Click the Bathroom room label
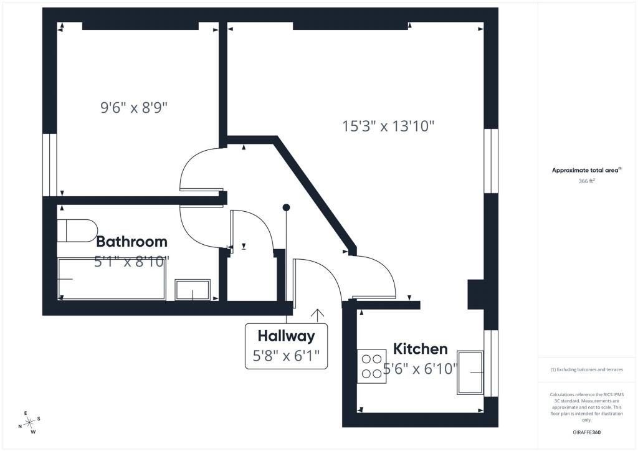[131, 242]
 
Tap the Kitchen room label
[421, 349]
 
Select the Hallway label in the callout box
[287, 336]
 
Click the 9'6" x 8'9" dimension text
[134, 108]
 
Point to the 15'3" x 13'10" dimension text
[388, 126]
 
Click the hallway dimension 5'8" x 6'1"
[287, 356]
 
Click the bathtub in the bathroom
[112, 279]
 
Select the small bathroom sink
[193, 290]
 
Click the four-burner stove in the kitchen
[371, 366]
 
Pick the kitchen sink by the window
[470, 373]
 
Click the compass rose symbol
[29, 423]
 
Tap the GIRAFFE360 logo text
[586, 432]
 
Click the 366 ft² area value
[586, 181]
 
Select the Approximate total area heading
[586, 171]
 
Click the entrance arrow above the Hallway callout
[317, 316]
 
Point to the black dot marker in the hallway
[287, 207]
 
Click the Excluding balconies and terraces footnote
[586, 369]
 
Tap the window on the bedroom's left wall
[50, 164]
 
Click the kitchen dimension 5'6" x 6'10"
[421, 369]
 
